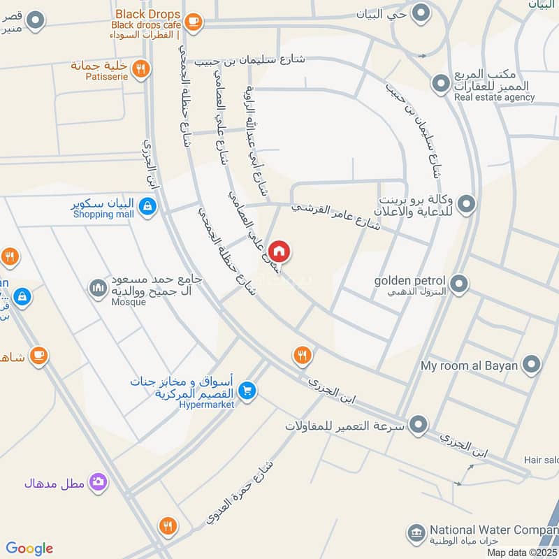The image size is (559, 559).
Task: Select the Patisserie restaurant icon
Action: coord(141,68)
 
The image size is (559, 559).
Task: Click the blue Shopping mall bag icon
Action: coord(147,206)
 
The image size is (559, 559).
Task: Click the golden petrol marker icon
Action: coord(459,284)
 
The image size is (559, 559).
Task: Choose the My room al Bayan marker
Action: coord(532,365)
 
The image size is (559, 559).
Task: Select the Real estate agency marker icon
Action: coord(440,85)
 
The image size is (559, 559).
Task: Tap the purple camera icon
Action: coord(99,481)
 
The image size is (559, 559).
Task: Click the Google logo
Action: coord(29,549)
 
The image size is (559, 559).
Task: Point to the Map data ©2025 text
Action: coord(522,553)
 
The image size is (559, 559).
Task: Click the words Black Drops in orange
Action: coord(147,14)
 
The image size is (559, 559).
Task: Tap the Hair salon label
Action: coord(542,460)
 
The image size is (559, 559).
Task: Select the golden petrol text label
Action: coord(410,280)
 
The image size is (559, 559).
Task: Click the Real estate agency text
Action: coord(494,98)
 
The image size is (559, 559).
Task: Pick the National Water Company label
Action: coord(493,530)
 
